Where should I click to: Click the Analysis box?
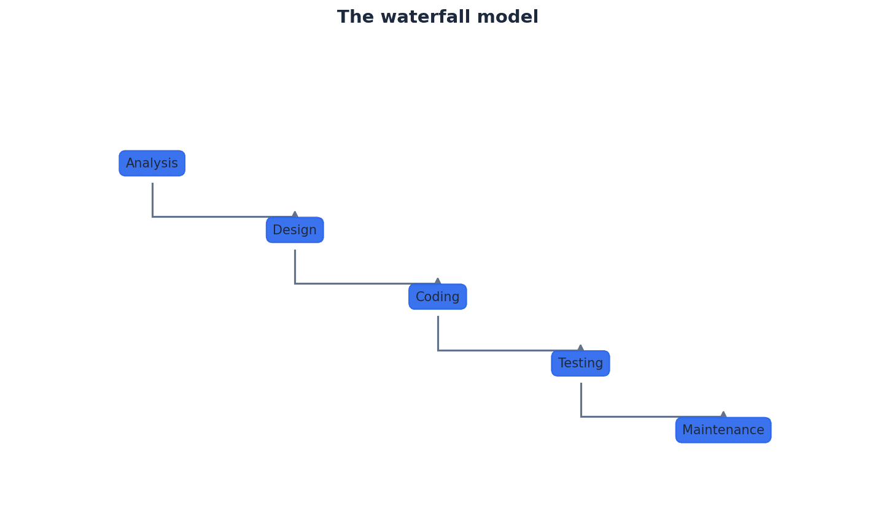152,163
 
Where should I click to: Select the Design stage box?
295,230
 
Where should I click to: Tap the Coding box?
437,297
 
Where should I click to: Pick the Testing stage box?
580,363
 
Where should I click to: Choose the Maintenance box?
723,430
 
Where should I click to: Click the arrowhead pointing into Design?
295,215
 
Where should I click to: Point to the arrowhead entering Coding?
438,282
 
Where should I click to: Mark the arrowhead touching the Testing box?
580,348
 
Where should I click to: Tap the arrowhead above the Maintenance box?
723,415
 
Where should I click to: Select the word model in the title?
513,17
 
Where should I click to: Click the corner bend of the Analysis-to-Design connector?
152,217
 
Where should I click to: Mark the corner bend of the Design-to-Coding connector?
295,283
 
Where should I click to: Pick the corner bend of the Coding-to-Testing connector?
438,350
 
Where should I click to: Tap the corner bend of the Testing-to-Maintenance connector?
581,416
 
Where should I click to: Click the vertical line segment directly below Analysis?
152,199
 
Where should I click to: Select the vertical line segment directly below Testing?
581,399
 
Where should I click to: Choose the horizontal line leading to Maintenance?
651,416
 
